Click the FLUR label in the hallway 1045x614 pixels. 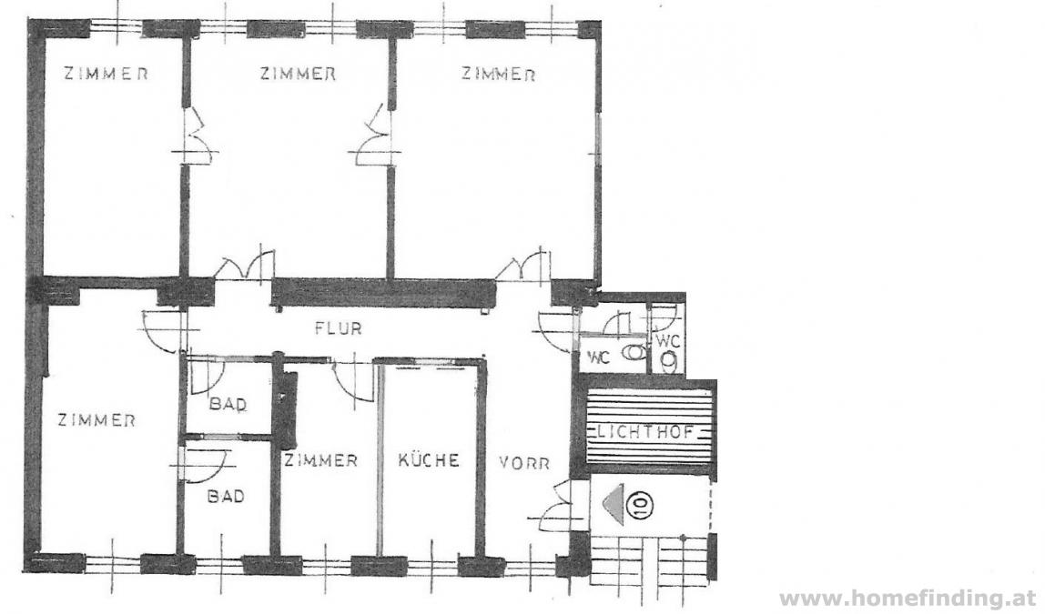point(339,328)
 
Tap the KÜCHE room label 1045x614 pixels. point(429,460)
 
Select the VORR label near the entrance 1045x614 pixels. point(524,463)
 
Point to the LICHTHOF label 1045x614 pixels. point(645,431)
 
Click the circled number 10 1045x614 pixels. point(638,504)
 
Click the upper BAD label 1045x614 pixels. point(228,404)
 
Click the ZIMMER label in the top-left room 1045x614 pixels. point(106,74)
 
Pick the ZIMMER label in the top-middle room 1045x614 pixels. point(298,74)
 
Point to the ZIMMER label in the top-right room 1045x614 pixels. point(499,74)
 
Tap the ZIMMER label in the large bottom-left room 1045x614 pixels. point(96,420)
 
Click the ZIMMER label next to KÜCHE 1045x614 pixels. point(320,460)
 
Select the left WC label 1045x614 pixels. point(598,357)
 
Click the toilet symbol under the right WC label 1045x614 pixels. point(669,362)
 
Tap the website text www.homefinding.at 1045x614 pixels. point(908,599)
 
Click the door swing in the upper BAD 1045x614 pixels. point(207,377)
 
